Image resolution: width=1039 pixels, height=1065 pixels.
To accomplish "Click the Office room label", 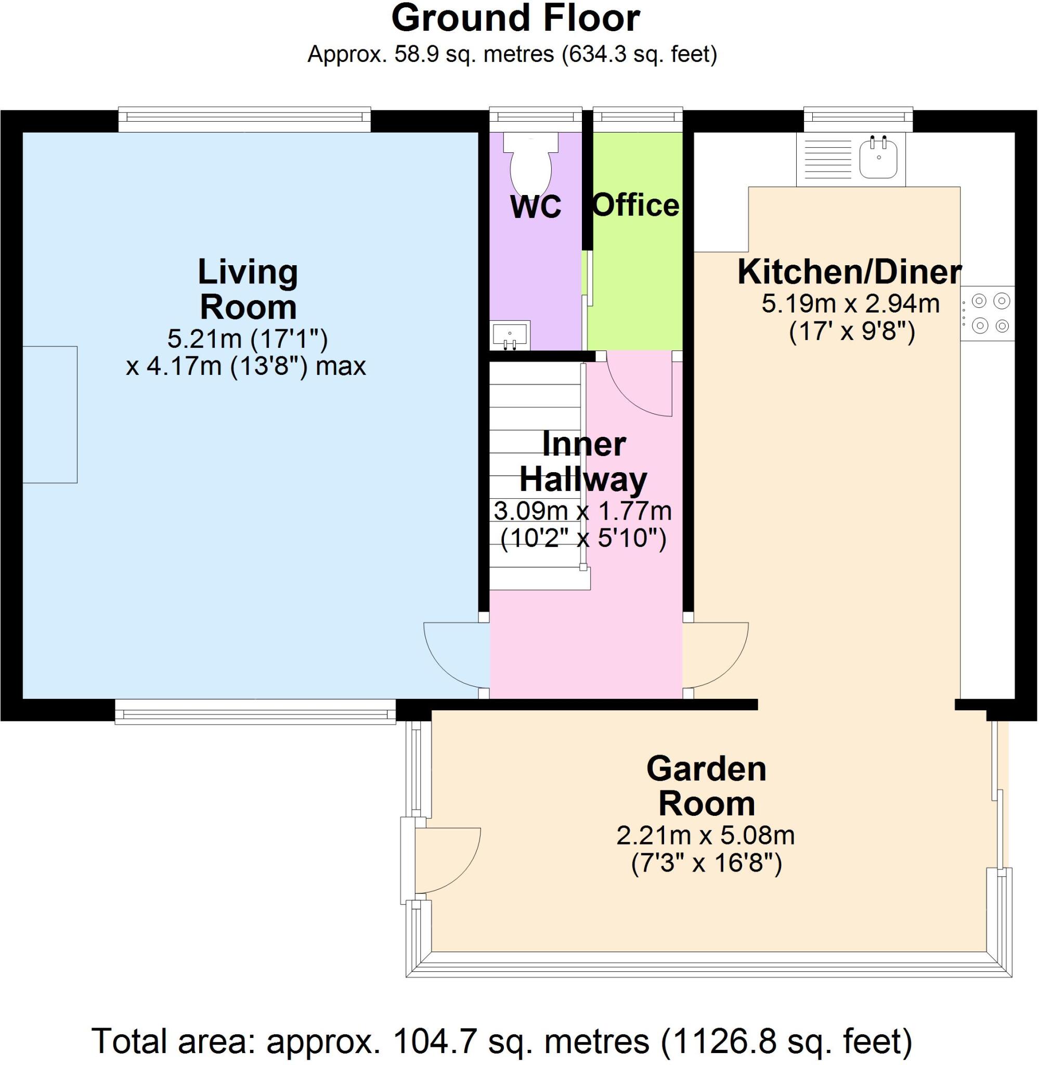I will click(636, 206).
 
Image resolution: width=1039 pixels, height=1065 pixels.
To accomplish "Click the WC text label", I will click(535, 207).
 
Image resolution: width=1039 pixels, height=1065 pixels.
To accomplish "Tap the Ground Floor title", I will click(515, 19).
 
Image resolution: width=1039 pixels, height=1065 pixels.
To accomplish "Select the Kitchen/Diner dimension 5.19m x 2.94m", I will click(850, 304).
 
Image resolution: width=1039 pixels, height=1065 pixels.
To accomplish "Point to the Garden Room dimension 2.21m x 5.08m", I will click(705, 835).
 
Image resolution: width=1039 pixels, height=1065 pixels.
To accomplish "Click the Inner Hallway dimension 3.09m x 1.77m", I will click(582, 511).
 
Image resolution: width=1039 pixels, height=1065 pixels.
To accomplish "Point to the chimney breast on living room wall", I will click(49, 414).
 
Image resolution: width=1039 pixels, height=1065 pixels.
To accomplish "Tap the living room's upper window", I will click(244, 119).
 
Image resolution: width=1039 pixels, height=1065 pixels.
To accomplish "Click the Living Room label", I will click(248, 290).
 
